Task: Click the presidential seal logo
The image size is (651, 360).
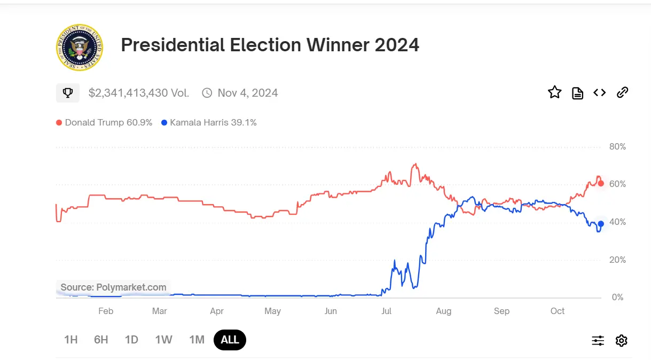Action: click(80, 47)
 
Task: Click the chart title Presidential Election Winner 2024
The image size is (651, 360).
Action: click(270, 45)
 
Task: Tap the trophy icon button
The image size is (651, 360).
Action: click(68, 93)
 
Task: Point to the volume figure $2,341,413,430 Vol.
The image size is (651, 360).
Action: click(139, 93)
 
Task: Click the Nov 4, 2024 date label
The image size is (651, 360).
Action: click(247, 93)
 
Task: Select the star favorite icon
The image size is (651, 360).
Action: click(555, 92)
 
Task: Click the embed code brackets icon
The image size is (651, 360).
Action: click(600, 93)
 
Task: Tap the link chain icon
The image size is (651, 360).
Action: click(622, 92)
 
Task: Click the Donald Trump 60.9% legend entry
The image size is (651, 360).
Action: click(104, 122)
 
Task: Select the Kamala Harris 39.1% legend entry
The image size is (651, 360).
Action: click(209, 122)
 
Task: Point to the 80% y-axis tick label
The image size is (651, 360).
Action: click(617, 147)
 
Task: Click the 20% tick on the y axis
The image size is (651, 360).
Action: click(617, 260)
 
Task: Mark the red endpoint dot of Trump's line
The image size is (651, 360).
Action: click(601, 184)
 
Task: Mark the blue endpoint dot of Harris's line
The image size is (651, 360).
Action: click(601, 224)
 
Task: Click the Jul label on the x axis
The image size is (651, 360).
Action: click(387, 311)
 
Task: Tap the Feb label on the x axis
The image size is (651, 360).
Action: click(106, 311)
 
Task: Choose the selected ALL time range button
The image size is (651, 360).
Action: click(230, 340)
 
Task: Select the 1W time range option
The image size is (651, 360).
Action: click(163, 340)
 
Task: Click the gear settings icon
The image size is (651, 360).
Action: click(621, 340)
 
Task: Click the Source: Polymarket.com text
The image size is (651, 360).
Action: click(113, 287)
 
